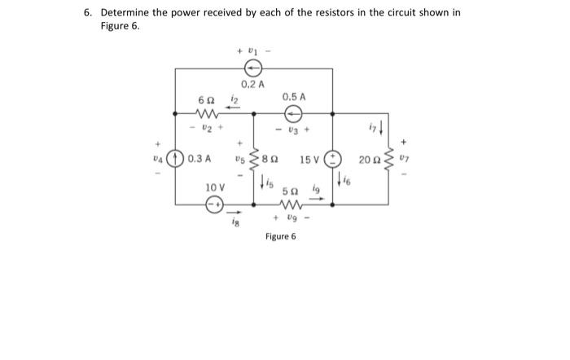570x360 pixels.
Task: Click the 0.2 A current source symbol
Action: coord(254,68)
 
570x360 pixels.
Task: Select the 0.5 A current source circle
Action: coord(294,113)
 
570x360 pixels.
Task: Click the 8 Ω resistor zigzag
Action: coord(255,160)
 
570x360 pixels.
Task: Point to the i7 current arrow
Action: coord(383,128)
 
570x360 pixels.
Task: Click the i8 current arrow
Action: coord(235,210)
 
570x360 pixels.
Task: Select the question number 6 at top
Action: coord(87,13)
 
